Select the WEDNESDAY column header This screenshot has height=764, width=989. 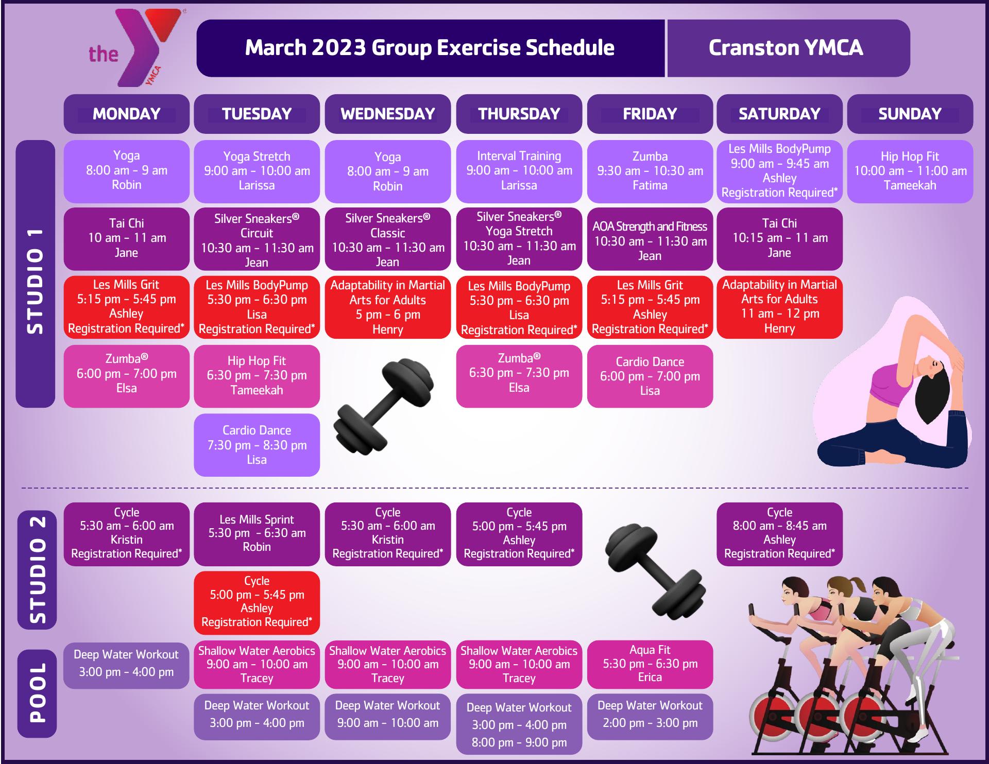click(387, 114)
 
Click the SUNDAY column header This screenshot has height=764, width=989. click(910, 114)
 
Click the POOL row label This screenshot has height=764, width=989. click(37, 693)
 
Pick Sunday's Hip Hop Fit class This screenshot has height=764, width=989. click(910, 171)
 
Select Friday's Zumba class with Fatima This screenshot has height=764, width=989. click(650, 171)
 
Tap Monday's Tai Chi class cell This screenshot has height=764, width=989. click(126, 238)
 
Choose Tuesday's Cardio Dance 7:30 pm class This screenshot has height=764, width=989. click(257, 445)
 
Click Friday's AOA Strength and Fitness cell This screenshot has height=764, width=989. click(650, 240)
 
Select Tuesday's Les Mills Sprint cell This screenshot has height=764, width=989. click(257, 534)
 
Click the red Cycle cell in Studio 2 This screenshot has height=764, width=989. click(257, 602)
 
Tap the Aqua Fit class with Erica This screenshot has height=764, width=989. click(650, 664)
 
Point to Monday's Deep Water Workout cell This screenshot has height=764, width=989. click(126, 664)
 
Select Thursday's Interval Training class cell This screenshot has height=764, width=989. click(519, 171)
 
